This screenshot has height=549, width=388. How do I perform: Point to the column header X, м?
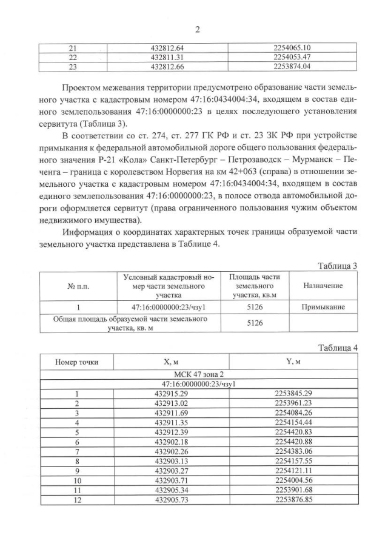(x=171, y=362)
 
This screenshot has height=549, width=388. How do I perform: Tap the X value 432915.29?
(x=171, y=394)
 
